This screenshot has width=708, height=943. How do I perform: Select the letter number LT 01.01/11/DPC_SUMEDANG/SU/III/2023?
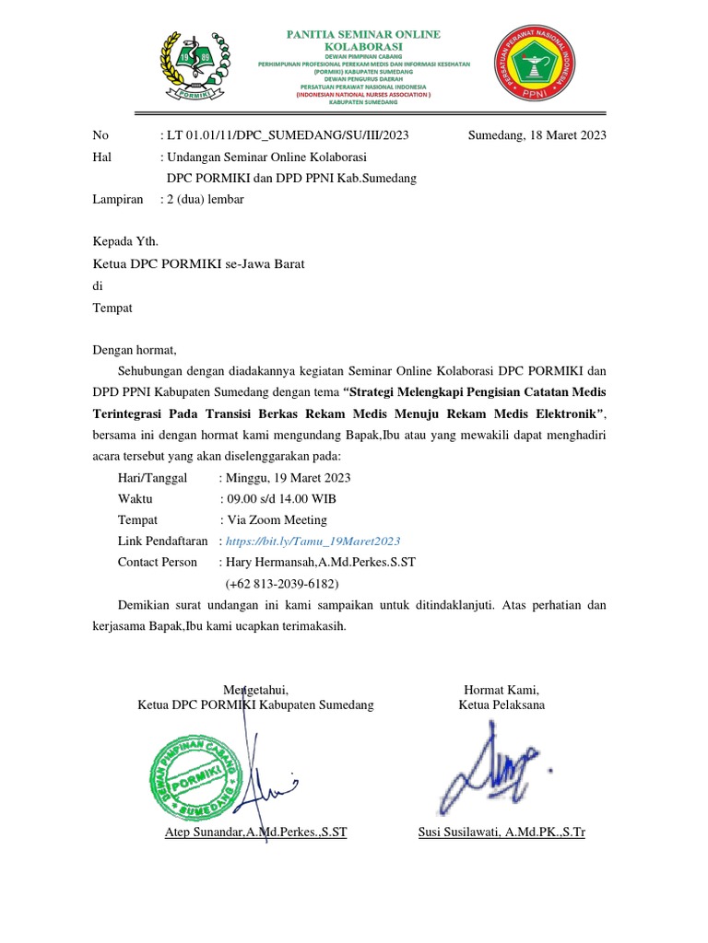[287, 135]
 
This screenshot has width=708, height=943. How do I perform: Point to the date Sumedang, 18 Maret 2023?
[537, 135]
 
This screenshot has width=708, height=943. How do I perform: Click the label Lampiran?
[118, 199]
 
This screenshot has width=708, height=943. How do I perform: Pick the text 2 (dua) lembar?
[205, 199]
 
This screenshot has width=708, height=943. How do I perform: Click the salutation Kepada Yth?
[125, 242]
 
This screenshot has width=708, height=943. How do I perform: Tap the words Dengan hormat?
[134, 349]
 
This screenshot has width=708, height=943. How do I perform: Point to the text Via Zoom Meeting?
[276, 520]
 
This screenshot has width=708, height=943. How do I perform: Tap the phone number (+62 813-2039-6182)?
[282, 584]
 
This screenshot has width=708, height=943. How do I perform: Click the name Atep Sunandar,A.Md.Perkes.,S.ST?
[254, 832]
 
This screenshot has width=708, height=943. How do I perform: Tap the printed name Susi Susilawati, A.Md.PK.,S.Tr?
[501, 832]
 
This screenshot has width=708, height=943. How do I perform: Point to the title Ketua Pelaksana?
[501, 705]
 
